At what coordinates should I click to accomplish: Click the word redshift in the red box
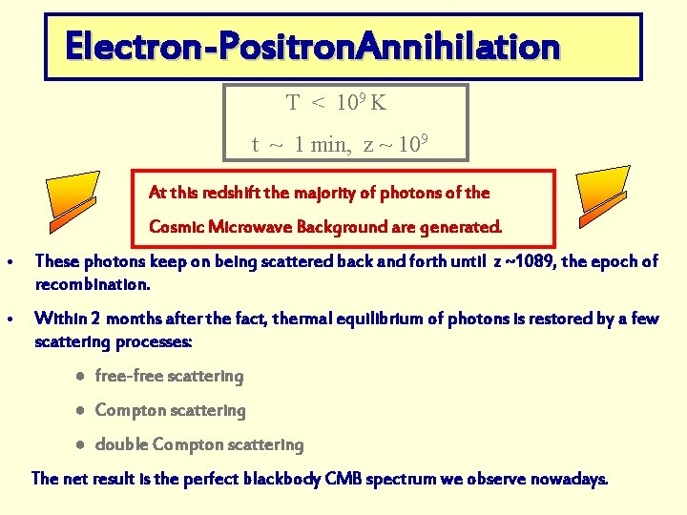coord(229,193)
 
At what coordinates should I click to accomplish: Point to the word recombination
coord(92,284)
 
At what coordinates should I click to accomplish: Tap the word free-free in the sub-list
coord(129,377)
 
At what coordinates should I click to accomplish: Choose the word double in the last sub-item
coord(121,445)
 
